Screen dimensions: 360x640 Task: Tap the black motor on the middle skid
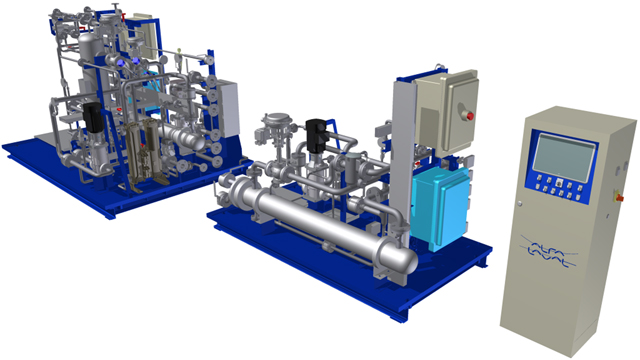tap(318, 134)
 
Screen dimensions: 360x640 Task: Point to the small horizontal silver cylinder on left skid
tap(186, 134)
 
